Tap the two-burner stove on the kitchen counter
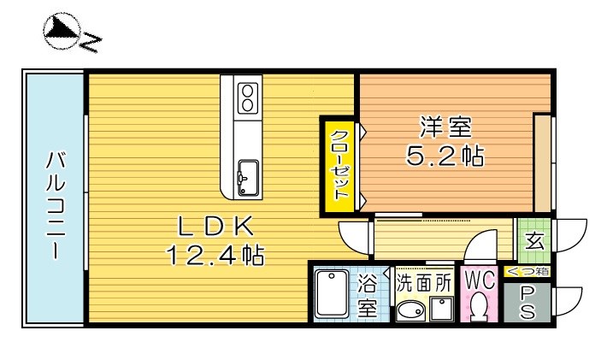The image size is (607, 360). (x=248, y=97)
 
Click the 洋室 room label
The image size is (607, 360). (x=445, y=128)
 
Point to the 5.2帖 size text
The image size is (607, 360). (x=445, y=156)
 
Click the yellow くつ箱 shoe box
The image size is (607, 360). (x=529, y=272)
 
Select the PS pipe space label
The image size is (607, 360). (x=528, y=303)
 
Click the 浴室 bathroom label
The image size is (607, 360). (x=367, y=295)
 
